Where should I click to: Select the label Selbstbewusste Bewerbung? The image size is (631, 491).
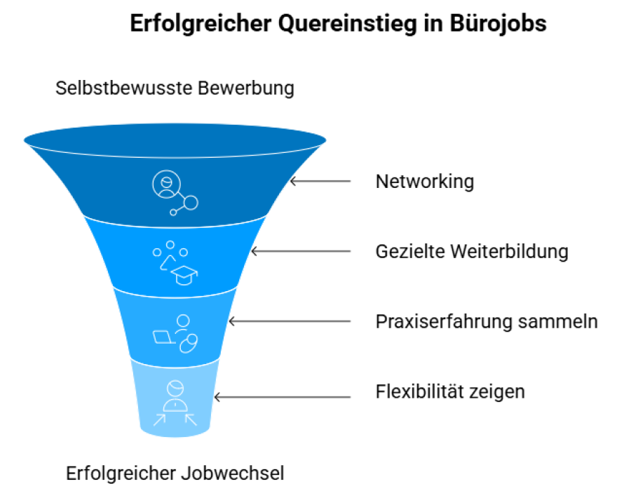pos(175,89)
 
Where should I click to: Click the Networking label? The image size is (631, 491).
pos(425,182)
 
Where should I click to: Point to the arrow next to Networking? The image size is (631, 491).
pos(320,181)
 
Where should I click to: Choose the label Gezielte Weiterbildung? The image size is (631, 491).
pos(472,251)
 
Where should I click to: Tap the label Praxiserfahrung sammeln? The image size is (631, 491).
pos(487,321)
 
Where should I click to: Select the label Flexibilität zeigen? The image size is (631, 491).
pos(450,391)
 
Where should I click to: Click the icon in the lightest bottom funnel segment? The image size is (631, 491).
pos(175,403)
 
